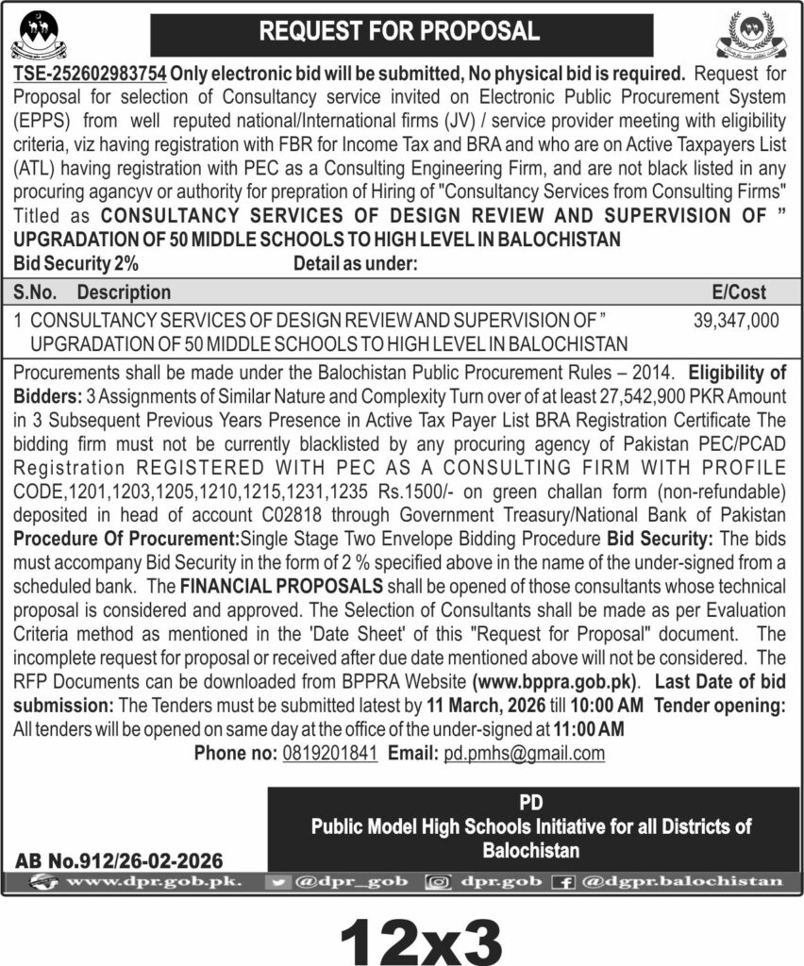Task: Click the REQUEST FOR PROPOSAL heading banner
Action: pos(401,31)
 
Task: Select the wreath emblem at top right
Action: pos(759,36)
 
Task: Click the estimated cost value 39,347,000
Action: pos(736,321)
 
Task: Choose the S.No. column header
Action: pos(38,292)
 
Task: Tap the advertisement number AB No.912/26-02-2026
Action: pos(119,860)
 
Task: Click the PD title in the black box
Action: pos(531,803)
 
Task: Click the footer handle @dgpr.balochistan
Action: pos(682,881)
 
